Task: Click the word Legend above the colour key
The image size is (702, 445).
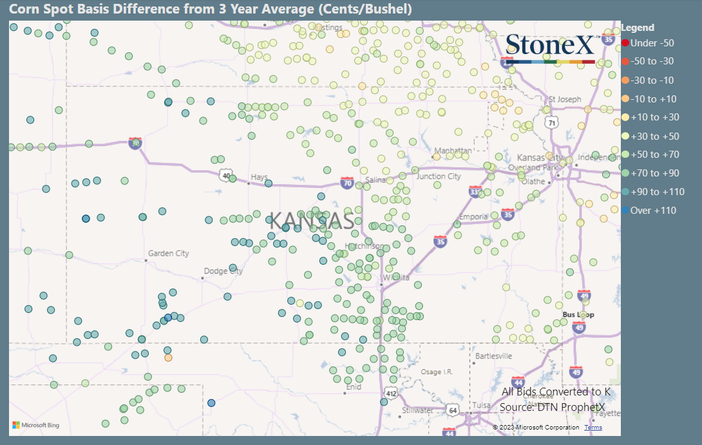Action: click(638, 28)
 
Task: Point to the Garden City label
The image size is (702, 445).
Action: click(169, 254)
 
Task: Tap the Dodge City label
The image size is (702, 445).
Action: click(223, 271)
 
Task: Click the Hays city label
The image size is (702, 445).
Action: click(259, 177)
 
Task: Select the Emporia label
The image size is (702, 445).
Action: click(473, 217)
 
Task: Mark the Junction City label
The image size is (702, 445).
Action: click(439, 176)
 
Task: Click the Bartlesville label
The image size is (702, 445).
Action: click(493, 355)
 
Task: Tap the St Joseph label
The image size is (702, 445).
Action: click(565, 100)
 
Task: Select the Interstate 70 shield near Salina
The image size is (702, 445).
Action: click(347, 183)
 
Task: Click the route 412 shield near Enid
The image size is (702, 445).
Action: click(391, 393)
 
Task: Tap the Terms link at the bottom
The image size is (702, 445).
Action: click(593, 428)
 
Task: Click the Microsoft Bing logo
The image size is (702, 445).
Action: click(36, 425)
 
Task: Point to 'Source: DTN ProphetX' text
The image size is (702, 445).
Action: click(555, 407)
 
